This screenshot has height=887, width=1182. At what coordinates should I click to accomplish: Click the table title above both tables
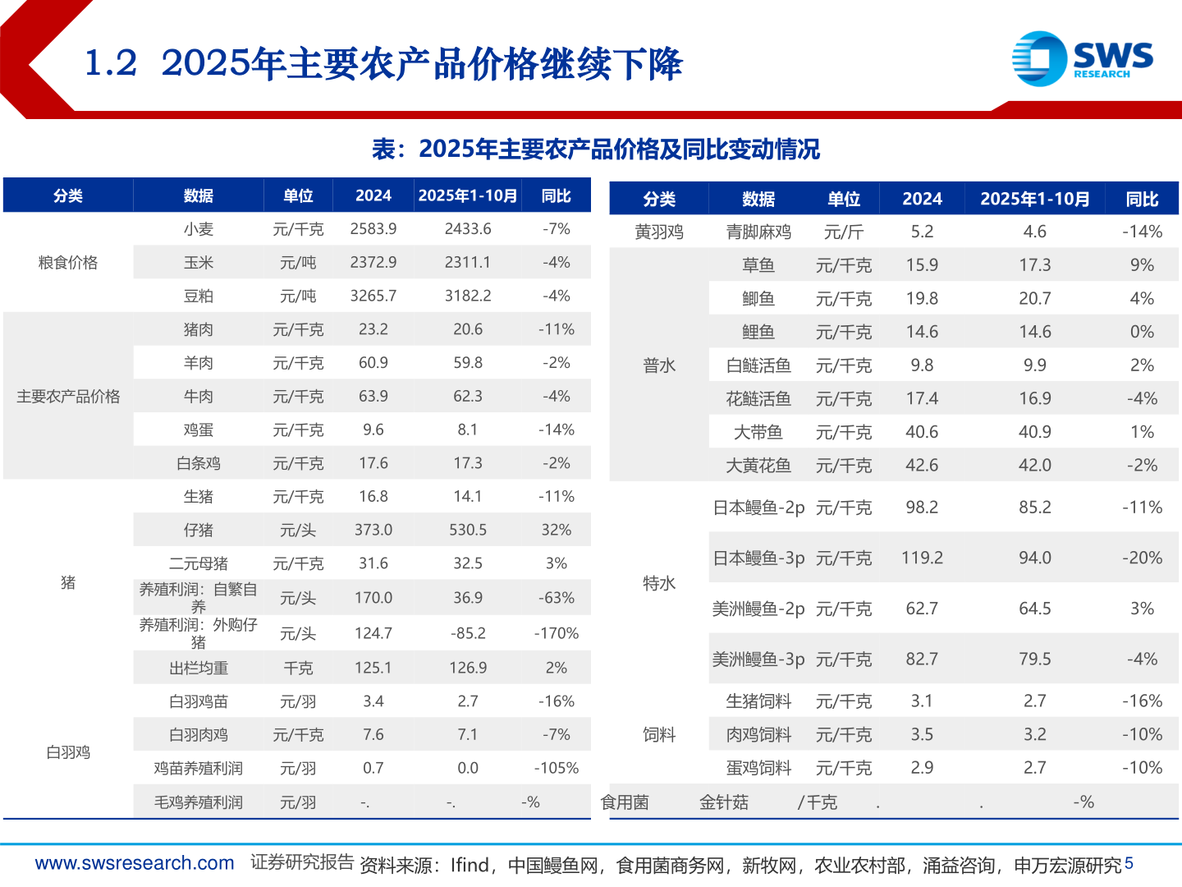click(595, 149)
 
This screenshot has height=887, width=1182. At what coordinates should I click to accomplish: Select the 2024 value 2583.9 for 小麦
click(373, 229)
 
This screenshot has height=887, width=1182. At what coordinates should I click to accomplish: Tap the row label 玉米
click(198, 263)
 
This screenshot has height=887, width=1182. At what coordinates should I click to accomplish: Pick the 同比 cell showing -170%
click(556, 633)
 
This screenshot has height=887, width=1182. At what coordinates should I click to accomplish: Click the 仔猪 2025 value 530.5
click(467, 531)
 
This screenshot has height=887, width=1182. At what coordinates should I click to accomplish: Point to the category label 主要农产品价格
click(68, 397)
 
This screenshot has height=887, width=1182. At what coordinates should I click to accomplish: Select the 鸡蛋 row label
click(198, 430)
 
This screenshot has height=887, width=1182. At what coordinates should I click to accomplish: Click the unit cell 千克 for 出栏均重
click(298, 669)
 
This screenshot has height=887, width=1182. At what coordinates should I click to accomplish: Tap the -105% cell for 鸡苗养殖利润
click(556, 769)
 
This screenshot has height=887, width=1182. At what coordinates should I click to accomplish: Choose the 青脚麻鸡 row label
click(758, 232)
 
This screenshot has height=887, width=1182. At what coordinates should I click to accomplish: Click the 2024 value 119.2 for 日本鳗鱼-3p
click(922, 558)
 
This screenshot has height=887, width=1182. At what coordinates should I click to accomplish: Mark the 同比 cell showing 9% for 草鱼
click(1141, 265)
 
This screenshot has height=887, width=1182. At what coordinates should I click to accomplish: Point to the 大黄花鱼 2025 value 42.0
click(1034, 466)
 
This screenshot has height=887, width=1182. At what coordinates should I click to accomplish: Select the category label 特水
click(658, 584)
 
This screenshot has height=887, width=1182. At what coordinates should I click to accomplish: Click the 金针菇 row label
click(723, 802)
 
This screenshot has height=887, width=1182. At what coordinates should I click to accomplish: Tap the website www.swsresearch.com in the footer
click(135, 864)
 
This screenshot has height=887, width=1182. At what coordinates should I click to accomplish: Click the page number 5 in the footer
click(1129, 863)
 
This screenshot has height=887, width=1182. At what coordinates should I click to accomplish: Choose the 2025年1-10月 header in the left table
click(467, 195)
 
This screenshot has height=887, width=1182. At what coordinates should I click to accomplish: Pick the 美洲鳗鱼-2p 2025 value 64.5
click(1034, 609)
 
